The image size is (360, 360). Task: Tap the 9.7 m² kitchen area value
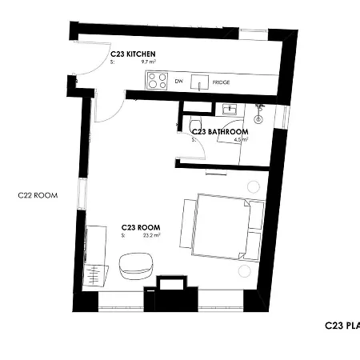coord(147,62)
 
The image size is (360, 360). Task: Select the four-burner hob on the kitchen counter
coord(157,81)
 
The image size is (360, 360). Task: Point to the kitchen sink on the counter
coord(201,81)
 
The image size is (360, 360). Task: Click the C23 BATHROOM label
coord(219,131)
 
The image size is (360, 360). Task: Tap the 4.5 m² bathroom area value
coord(240,139)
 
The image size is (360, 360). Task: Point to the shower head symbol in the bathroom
coord(259,108)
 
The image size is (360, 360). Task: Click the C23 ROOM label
coord(141,226)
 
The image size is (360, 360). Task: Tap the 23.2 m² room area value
coord(151,235)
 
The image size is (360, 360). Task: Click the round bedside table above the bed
coord(254,187)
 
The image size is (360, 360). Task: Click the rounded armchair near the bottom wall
coord(136,265)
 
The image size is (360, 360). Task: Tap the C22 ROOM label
coord(38,194)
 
